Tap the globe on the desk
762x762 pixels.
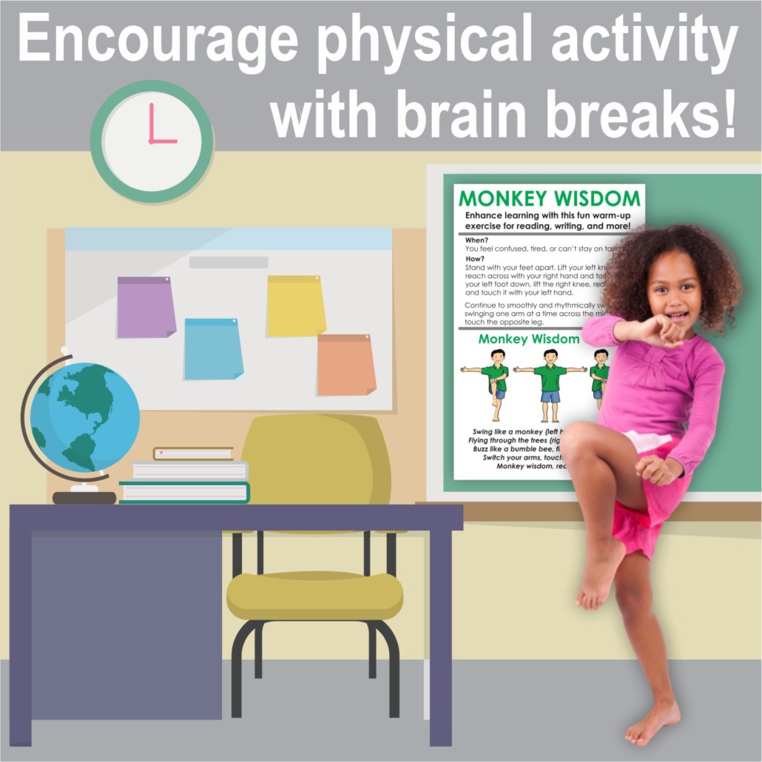84,418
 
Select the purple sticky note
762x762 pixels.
146,306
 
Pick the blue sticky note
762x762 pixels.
214,348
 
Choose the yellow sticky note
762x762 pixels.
296,306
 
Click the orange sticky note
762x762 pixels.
346,364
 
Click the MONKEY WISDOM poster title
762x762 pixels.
549,198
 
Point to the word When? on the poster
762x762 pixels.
477,240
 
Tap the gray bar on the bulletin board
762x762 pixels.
229,262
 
